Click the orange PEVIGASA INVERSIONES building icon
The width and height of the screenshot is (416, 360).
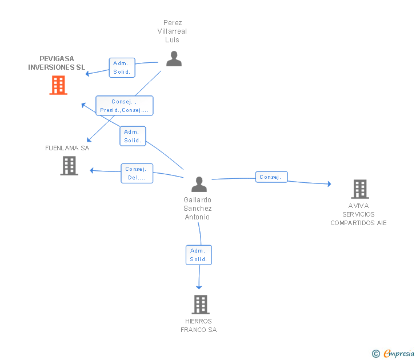coord(58,85)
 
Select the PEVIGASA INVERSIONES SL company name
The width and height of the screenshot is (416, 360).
coord(57,63)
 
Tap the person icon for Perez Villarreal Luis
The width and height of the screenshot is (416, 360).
coord(174,58)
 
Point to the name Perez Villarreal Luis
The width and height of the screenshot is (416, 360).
coord(172,31)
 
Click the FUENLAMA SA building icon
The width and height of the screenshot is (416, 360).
coord(69,166)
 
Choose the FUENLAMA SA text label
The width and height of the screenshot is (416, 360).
coord(67,148)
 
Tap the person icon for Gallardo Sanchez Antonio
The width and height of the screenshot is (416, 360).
coord(199,184)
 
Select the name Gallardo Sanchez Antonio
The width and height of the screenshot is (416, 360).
coord(198,209)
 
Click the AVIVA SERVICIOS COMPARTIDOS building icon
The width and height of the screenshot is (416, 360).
coord(359,189)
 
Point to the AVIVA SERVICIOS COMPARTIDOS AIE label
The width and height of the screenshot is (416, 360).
coord(358,214)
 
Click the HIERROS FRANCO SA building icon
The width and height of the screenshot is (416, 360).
coord(200,305)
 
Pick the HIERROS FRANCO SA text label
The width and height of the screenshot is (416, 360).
coord(199,326)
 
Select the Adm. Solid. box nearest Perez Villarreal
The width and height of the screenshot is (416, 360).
coord(122,67)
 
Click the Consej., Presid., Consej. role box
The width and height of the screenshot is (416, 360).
coord(124,106)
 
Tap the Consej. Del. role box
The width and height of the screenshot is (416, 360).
coord(137,173)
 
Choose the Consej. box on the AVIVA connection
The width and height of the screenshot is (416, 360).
coord(271,177)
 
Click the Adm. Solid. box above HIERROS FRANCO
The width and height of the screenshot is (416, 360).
coord(198,255)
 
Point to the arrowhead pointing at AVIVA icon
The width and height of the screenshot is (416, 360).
coord(329,184)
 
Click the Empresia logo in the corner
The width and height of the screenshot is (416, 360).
coord(394,354)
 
